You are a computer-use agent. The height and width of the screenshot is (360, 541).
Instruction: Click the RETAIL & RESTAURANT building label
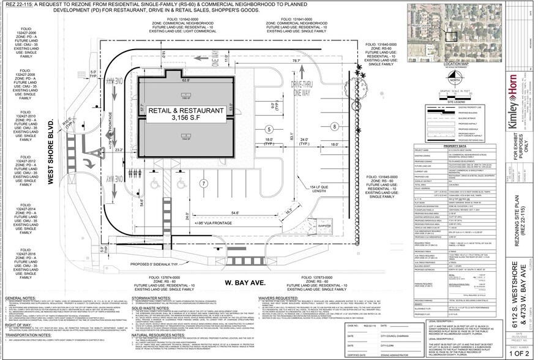184,113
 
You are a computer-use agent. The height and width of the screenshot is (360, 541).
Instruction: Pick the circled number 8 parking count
335,126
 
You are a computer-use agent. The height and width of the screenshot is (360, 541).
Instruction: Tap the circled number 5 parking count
269,130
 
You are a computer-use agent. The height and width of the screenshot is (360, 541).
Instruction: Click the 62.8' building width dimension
185,80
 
